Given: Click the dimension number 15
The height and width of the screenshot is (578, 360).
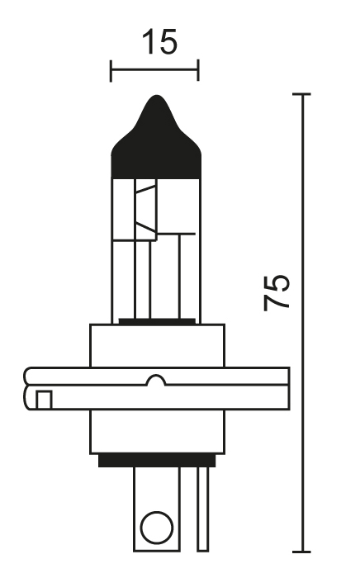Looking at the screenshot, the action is point(159,41).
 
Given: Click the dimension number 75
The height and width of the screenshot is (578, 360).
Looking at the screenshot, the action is point(277,292).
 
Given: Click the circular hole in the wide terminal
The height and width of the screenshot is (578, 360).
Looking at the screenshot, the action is point(157,528).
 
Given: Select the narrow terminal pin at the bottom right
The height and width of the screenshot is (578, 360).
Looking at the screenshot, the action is point(202,509).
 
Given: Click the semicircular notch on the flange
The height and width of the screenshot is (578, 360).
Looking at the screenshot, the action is point(156,380).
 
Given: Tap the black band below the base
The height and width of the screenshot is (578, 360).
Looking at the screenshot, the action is point(157,461).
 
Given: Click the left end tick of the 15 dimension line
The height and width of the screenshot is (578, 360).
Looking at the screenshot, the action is point(111,71).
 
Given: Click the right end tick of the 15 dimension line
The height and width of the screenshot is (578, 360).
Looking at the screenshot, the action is point(198,70).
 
